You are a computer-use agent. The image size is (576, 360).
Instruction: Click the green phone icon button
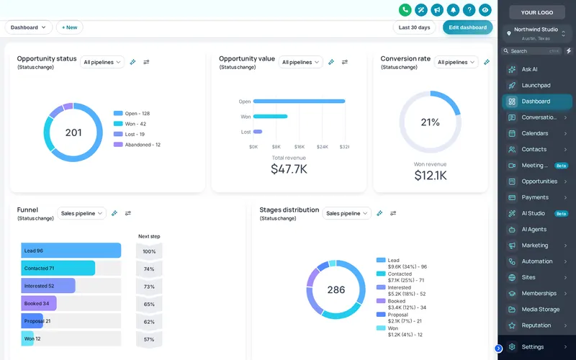coord(405,10)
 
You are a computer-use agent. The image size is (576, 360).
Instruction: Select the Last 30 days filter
coord(415,27)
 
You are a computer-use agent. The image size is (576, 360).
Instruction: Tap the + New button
coord(69,27)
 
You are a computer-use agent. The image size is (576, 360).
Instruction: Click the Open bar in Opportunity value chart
coord(299,101)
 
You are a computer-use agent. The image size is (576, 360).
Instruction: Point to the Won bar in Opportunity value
coord(271,117)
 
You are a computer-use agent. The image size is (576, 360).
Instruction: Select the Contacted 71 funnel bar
coord(58,268)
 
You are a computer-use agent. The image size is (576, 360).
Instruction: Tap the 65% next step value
coord(149,304)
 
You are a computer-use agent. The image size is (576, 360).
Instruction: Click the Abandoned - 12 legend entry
coord(137,145)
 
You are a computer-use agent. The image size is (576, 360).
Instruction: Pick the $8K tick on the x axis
coord(276,147)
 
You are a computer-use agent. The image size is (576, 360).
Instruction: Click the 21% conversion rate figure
coord(430,122)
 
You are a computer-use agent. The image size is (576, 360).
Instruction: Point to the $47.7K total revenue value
coord(289,169)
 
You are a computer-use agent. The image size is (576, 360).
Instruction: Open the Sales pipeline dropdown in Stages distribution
coord(347,213)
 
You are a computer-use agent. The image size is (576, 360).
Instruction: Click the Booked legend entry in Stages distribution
coord(401,304)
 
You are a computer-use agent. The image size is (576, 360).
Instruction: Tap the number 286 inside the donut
coord(336,290)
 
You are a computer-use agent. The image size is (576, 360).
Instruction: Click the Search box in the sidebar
coord(531,51)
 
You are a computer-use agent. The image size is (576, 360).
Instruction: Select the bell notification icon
coord(453,10)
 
